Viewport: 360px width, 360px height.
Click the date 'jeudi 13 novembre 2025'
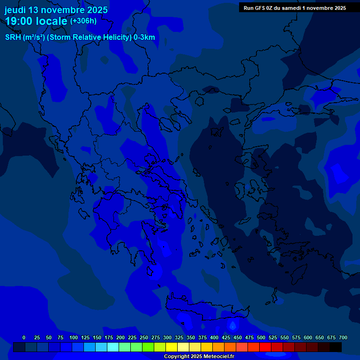tap(56, 10)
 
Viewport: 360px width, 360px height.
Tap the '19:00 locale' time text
tap(37, 21)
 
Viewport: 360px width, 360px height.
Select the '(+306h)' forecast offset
tap(83, 21)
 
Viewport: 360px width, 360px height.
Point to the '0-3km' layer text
tap(144, 37)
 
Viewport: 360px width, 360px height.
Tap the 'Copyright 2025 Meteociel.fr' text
tap(199, 356)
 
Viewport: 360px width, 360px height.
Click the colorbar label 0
tap(24, 337)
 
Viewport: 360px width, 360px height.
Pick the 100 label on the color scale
tap(74, 337)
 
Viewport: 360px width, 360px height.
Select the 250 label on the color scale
tap(144, 337)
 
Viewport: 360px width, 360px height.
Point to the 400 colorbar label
tap(214, 337)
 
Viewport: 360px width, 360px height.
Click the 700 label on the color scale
tap(343, 337)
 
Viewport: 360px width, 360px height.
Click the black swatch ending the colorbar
tap(336, 347)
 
